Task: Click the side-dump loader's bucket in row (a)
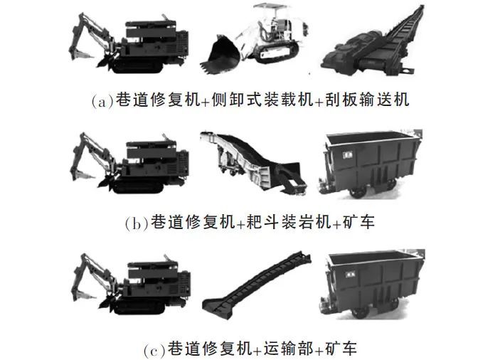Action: click(x=220, y=55)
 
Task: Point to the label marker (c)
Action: click(x=154, y=350)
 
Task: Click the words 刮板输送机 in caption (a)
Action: click(x=367, y=100)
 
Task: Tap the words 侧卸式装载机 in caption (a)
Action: click(x=262, y=100)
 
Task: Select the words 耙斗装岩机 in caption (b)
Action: click(x=289, y=221)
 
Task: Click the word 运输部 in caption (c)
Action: click(x=289, y=348)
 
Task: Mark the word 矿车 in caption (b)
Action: click(x=358, y=221)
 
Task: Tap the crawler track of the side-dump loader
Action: click(x=277, y=53)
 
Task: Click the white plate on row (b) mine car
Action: click(x=346, y=154)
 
